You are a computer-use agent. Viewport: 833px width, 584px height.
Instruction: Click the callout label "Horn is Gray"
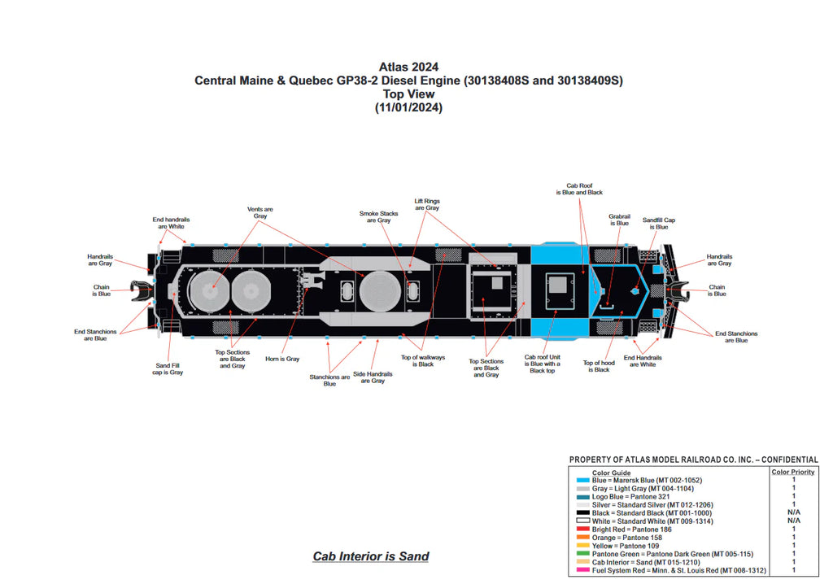tap(282, 359)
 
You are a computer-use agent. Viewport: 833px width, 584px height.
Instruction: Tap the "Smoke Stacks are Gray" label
tap(378, 217)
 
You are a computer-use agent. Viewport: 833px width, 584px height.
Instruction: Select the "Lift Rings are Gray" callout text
tap(426, 204)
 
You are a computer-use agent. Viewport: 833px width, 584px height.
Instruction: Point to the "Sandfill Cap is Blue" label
tap(659, 224)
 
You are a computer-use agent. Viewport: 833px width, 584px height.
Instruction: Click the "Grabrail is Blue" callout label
tap(619, 220)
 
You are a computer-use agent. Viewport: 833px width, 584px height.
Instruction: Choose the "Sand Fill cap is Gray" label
tap(168, 369)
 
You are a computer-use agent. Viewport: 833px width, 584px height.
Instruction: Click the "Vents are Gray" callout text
tap(260, 212)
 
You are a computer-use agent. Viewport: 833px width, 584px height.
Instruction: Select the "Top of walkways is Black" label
tap(423, 360)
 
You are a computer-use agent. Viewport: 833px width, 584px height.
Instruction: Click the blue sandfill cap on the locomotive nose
tap(635, 289)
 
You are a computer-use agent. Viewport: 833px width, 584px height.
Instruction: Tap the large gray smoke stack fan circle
tap(381, 290)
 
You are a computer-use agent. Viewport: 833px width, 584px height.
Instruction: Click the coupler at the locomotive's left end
tap(141, 290)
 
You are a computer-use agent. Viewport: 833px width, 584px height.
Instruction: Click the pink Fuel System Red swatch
tap(582, 570)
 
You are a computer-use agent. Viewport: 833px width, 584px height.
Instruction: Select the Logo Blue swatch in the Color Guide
tap(582, 496)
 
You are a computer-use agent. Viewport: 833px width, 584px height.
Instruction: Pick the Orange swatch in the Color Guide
tap(582, 537)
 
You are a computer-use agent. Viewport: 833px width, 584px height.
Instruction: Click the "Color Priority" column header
tap(792, 472)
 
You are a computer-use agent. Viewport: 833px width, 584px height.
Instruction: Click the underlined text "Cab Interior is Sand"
tap(371, 556)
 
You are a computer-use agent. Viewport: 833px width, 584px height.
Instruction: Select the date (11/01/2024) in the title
tap(408, 107)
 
